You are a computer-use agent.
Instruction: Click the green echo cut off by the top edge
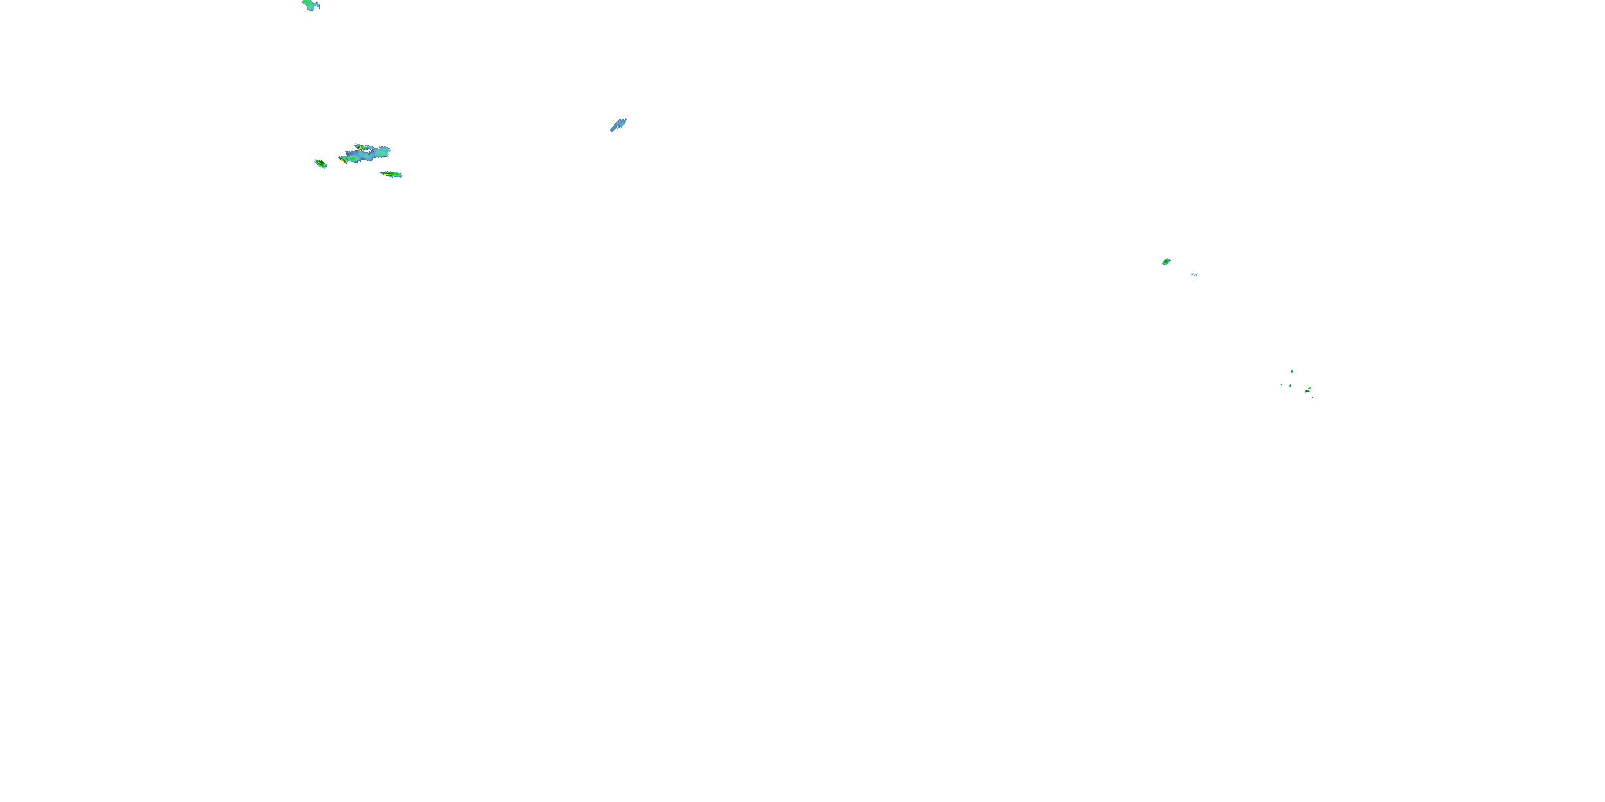click(x=308, y=4)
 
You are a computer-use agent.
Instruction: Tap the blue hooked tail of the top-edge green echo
click(x=317, y=6)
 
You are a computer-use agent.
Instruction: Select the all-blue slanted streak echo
click(x=618, y=125)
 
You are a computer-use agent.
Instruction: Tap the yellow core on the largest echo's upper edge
click(x=361, y=148)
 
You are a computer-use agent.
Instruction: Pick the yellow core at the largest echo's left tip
click(x=343, y=160)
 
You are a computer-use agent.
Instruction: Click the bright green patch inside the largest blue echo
click(x=353, y=159)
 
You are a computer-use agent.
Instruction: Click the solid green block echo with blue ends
click(x=1166, y=261)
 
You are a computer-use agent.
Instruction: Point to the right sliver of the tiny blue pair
click(x=1196, y=275)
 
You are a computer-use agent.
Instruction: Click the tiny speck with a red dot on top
click(x=1292, y=372)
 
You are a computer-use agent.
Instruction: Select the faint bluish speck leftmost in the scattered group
click(x=1282, y=385)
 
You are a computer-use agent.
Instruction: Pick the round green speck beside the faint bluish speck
click(x=1291, y=386)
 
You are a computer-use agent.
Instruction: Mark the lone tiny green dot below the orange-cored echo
click(x=1313, y=397)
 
